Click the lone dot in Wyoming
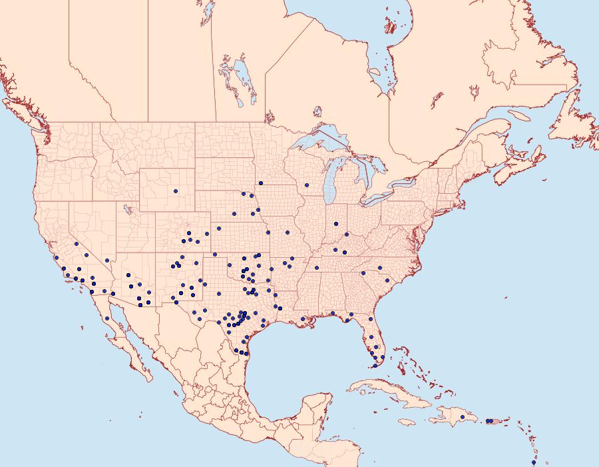pyautogui.click(x=176, y=191)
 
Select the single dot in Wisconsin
pyautogui.click(x=306, y=185)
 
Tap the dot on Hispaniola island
pyautogui.click(x=462, y=417)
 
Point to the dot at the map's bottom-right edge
pyautogui.click(x=533, y=462)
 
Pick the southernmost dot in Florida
pyautogui.click(x=375, y=365)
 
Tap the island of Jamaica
pyautogui.click(x=407, y=421)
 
